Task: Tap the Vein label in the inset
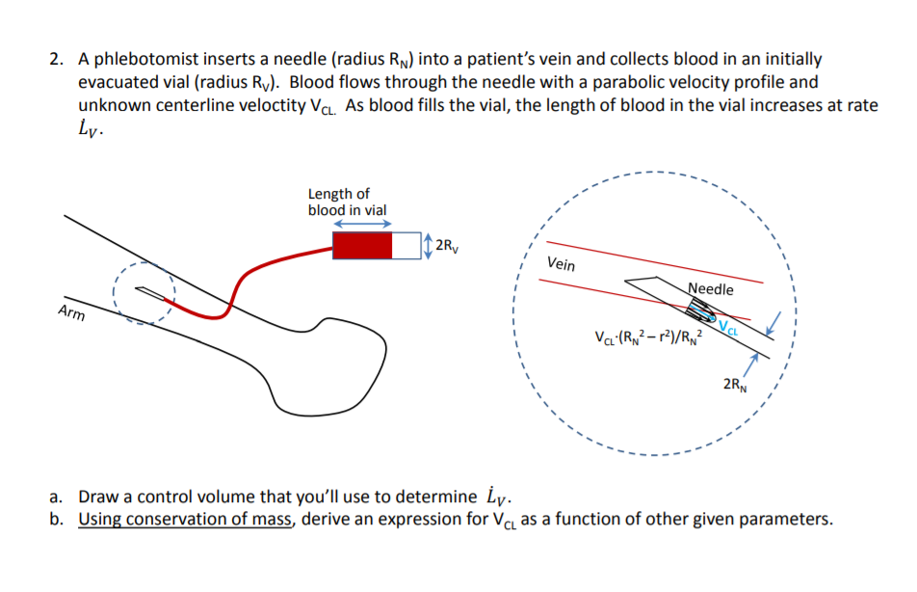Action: [562, 263]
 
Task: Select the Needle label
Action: [711, 289]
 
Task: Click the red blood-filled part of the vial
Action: [362, 245]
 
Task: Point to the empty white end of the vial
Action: [406, 245]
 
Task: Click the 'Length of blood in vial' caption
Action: [348, 202]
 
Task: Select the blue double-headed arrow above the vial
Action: [362, 222]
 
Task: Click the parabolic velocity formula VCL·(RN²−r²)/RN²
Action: [651, 338]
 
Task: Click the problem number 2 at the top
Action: [55, 60]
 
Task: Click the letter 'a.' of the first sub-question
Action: [57, 498]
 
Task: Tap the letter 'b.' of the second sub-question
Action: [58, 520]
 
